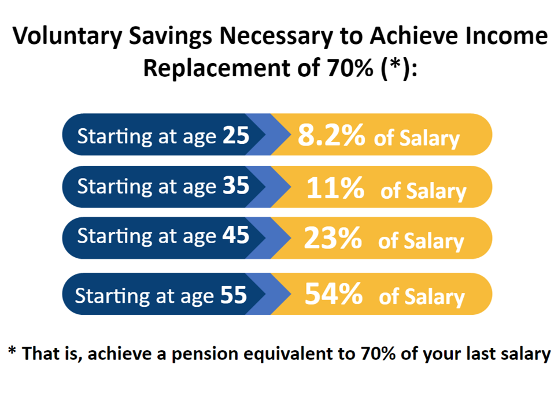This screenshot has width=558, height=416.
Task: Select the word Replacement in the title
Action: click(x=217, y=67)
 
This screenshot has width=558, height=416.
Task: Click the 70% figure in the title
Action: click(x=350, y=67)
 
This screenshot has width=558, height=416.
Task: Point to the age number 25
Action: click(x=236, y=135)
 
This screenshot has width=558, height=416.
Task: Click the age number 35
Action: click(x=236, y=185)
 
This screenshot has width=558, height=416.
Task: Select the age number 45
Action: click(x=236, y=235)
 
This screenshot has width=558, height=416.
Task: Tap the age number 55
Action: click(x=234, y=295)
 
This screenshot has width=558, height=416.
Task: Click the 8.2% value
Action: click(x=331, y=135)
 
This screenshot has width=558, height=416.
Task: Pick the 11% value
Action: click(x=335, y=187)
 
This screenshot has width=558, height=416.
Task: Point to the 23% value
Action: click(x=333, y=238)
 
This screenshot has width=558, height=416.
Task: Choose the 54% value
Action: click(x=334, y=294)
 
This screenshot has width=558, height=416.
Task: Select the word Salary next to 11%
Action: click(x=437, y=191)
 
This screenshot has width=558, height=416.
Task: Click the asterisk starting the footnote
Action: click(x=12, y=351)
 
